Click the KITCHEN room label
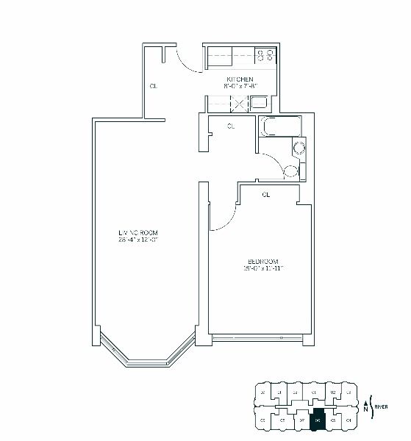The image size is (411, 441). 240,79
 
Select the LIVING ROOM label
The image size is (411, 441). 139,234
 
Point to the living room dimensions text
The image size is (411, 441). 139,240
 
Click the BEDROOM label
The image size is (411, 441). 262,262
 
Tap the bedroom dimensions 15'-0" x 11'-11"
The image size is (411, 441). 262,268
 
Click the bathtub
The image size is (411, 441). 280,126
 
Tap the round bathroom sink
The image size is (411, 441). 299,149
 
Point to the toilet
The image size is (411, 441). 292,172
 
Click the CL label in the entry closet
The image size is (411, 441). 153,86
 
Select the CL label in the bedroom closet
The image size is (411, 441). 266,195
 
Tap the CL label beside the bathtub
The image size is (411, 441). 231,126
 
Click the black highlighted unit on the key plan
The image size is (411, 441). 318,421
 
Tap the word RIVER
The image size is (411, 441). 381,406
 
